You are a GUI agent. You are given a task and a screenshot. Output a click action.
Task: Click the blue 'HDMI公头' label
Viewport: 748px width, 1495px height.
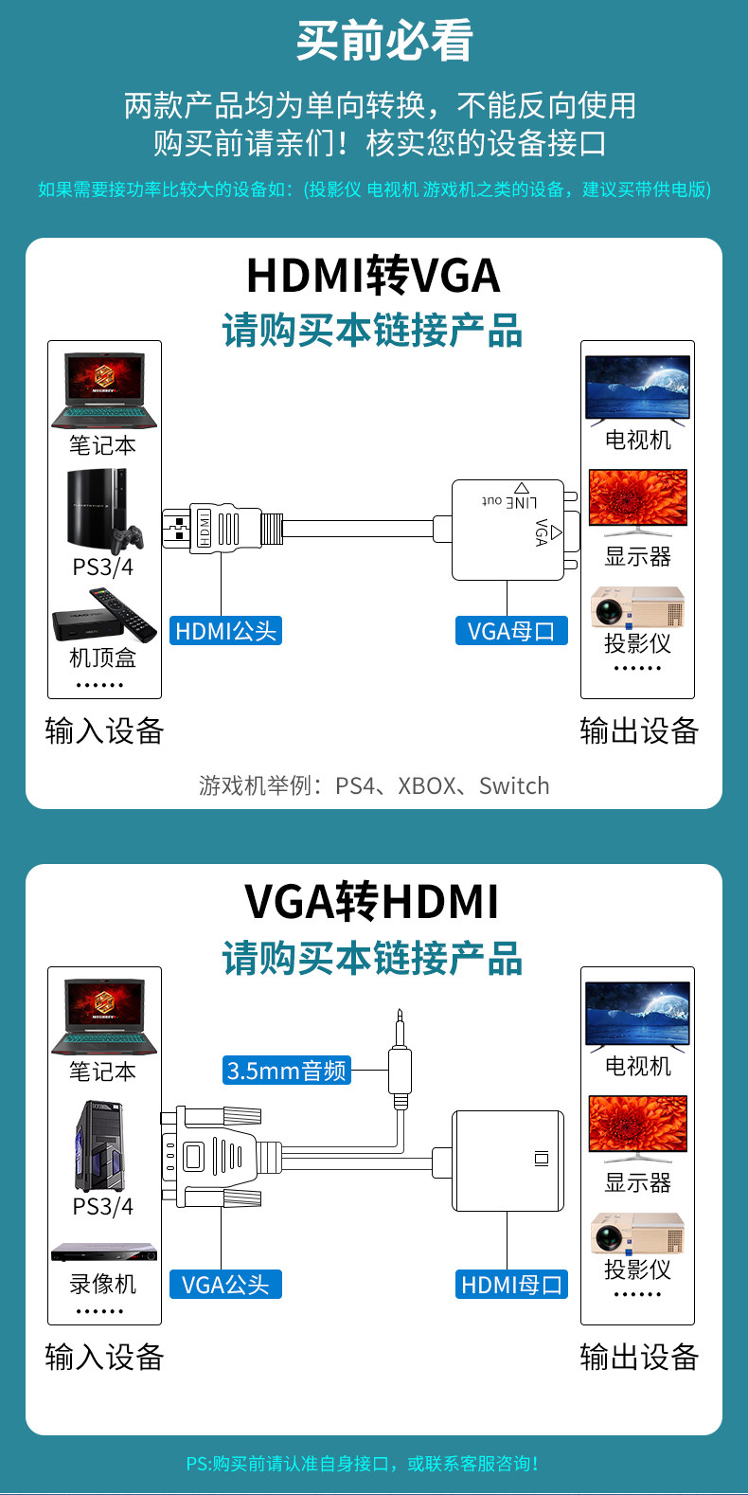pyautogui.click(x=225, y=631)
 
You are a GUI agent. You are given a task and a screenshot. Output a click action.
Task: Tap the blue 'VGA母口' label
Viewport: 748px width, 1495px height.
pyautogui.click(x=511, y=631)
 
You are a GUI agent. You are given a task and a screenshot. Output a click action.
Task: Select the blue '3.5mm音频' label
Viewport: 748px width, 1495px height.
pyautogui.click(x=286, y=1071)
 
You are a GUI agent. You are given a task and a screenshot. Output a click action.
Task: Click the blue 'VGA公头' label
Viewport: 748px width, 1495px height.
pyautogui.click(x=225, y=1284)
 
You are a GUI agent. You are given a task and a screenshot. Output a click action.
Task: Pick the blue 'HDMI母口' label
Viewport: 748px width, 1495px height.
pyautogui.click(x=511, y=1284)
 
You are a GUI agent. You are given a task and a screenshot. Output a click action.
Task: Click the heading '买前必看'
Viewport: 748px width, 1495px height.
pyautogui.click(x=384, y=41)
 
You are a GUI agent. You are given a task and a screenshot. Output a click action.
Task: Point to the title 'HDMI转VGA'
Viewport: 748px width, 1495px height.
pyautogui.click(x=373, y=275)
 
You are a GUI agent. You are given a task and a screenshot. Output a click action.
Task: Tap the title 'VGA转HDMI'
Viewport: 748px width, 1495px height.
pyautogui.click(x=372, y=902)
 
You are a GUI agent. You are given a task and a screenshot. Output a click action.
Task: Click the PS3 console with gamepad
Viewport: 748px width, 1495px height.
pyautogui.click(x=105, y=512)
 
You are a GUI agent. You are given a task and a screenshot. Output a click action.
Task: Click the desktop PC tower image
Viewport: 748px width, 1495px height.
pyautogui.click(x=100, y=1146)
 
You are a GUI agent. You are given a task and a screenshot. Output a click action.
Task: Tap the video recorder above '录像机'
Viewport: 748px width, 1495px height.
pyautogui.click(x=104, y=1252)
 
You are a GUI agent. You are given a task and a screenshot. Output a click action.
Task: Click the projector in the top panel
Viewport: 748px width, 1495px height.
pyautogui.click(x=637, y=606)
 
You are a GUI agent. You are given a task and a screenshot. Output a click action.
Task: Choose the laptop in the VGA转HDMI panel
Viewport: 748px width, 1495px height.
pyautogui.click(x=104, y=1017)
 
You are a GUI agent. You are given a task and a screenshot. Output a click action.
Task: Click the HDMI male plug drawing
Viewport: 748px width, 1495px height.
pyautogui.click(x=223, y=528)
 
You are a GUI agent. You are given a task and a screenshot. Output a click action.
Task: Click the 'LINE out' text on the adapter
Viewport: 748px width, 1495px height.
pyautogui.click(x=509, y=501)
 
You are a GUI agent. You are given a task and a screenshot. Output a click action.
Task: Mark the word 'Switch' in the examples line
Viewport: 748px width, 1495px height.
pyautogui.click(x=514, y=785)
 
